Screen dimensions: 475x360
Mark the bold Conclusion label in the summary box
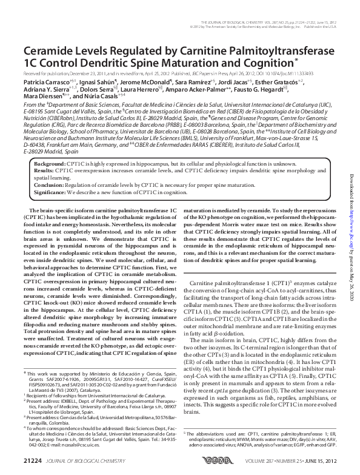(x=48, y=185)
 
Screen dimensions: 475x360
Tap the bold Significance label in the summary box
(x=50, y=192)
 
